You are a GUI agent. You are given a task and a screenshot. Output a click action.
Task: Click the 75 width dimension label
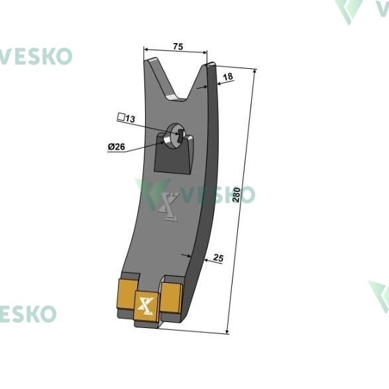click(178, 46)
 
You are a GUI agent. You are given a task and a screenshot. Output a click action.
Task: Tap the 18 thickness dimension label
click(228, 77)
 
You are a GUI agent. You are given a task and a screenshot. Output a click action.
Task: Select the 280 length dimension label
click(237, 195)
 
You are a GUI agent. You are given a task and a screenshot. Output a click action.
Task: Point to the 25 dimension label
click(218, 258)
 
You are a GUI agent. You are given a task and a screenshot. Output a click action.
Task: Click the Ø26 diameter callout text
click(117, 146)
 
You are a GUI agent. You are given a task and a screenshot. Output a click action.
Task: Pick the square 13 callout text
click(127, 118)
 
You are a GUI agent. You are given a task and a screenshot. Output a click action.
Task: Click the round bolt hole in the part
click(175, 136)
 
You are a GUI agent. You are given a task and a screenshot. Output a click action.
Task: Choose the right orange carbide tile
click(171, 298)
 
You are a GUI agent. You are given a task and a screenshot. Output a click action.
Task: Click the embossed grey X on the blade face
click(168, 206)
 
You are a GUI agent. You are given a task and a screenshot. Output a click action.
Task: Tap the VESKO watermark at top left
click(36, 56)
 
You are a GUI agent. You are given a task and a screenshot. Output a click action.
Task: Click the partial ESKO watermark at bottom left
click(28, 314)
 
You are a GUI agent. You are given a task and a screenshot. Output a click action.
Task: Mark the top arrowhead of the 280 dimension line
click(255, 70)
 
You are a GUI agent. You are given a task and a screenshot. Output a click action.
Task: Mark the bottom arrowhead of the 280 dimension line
click(227, 332)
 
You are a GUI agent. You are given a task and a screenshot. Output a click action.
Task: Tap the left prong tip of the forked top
click(150, 60)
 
